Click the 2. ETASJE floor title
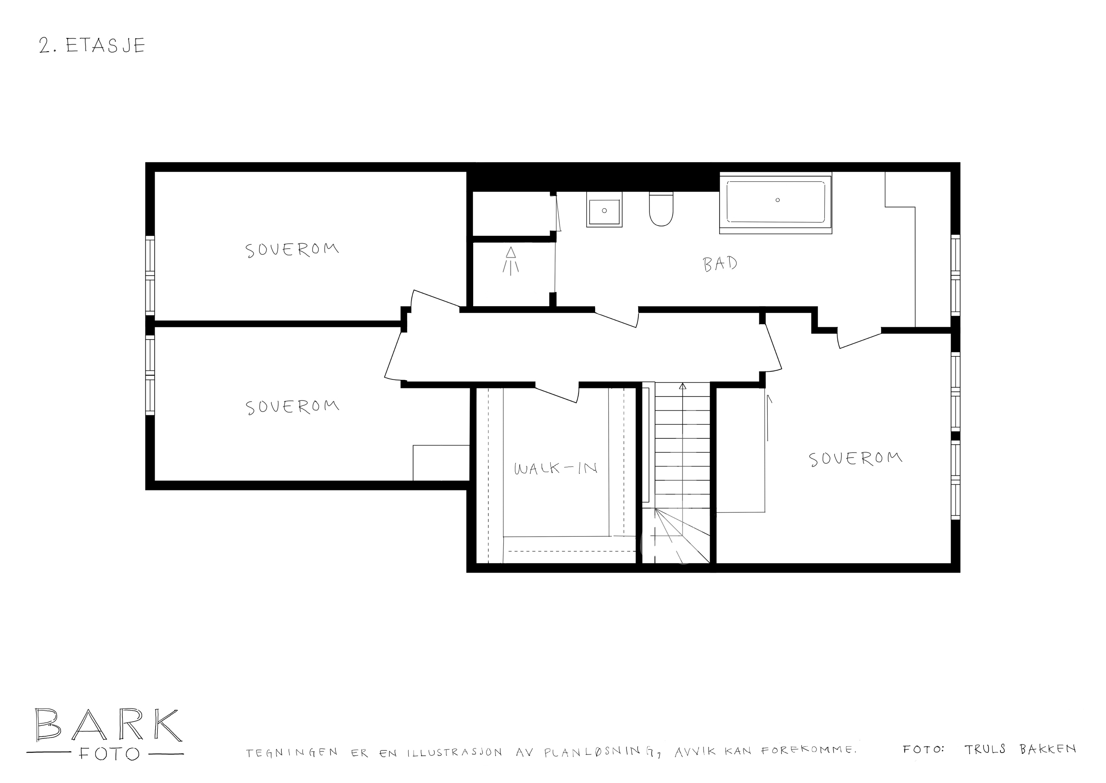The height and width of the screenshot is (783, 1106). [92, 45]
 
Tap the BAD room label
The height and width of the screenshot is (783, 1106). [720, 264]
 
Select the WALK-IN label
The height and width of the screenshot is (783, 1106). [555, 468]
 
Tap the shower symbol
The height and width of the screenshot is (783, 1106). [510, 261]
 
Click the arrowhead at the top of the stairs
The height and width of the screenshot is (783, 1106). [682, 386]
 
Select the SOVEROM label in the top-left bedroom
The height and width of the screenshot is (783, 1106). [292, 250]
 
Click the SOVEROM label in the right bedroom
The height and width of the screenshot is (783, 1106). [855, 459]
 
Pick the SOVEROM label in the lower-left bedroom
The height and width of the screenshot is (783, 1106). [292, 407]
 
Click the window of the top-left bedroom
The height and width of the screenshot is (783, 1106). [150, 275]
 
